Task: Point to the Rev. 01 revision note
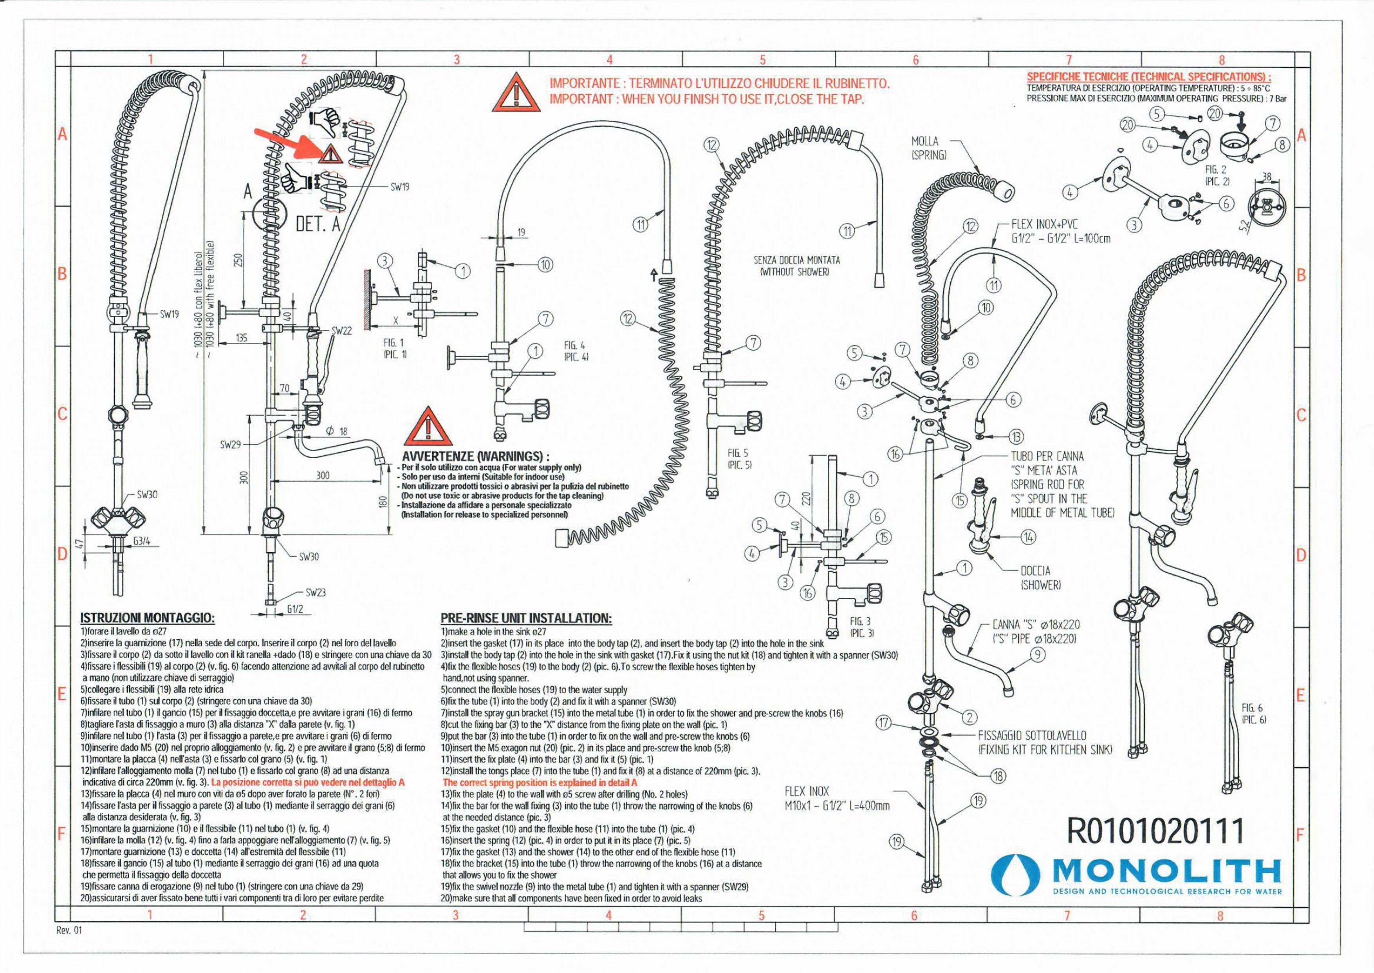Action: [69, 930]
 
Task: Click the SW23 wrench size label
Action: [315, 593]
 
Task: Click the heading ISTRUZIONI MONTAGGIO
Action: [147, 618]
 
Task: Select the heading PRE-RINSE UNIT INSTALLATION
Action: [526, 618]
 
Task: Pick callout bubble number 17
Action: [885, 723]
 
